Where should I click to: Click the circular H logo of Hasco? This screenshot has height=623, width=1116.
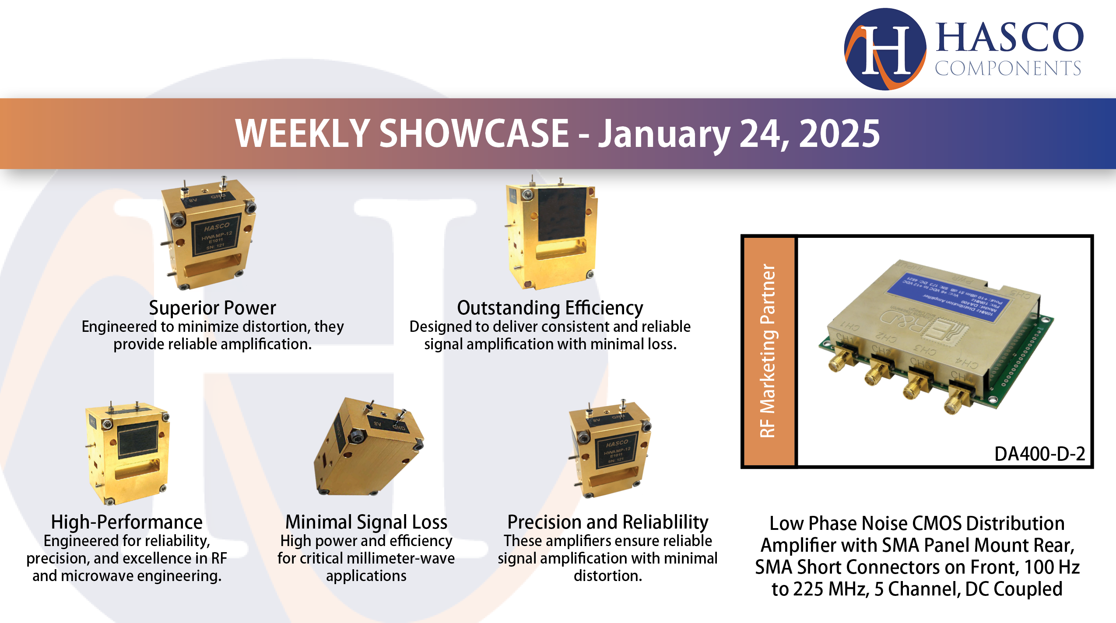885,49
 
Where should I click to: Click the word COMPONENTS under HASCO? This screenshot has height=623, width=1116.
1007,68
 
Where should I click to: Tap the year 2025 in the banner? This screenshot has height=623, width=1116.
839,134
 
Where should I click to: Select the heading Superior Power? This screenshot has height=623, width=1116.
212,308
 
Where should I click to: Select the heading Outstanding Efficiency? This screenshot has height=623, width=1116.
550,308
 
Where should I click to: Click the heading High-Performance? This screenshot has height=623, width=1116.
126,522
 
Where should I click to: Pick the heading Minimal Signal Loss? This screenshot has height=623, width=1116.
366,522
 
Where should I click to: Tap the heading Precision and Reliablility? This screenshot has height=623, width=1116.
607,522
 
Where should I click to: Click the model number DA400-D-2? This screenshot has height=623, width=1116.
1039,454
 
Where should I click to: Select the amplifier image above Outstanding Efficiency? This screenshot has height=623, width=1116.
551,234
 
